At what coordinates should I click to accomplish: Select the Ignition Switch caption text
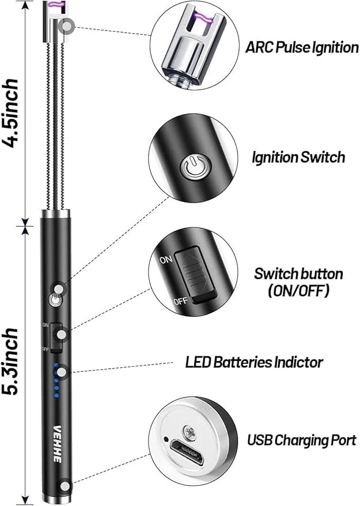point(299,157)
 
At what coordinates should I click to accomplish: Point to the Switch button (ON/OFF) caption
point(298,282)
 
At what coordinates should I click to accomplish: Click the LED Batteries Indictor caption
point(254,362)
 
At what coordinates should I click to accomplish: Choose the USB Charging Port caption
point(302,441)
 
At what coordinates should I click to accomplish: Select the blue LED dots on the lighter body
point(56,380)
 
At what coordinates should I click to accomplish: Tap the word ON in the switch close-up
point(165,260)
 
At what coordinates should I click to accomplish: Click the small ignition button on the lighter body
point(54,300)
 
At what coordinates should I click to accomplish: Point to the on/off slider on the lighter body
point(56,337)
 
